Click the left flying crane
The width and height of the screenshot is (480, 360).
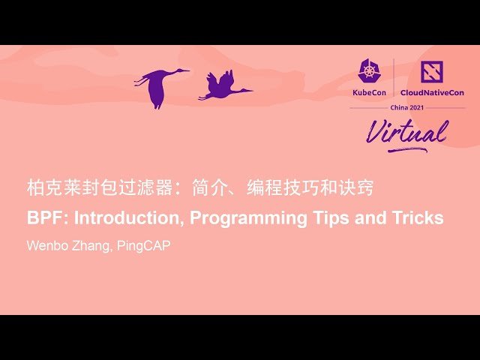(160, 85)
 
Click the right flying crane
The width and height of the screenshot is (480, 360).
(223, 87)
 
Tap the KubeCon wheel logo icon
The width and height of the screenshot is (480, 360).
(369, 71)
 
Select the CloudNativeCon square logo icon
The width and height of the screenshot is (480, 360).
(432, 72)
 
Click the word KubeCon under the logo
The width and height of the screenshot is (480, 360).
(369, 92)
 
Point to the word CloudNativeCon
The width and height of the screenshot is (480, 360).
(431, 92)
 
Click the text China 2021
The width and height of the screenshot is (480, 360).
(407, 107)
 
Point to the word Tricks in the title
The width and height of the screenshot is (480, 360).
(417, 218)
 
